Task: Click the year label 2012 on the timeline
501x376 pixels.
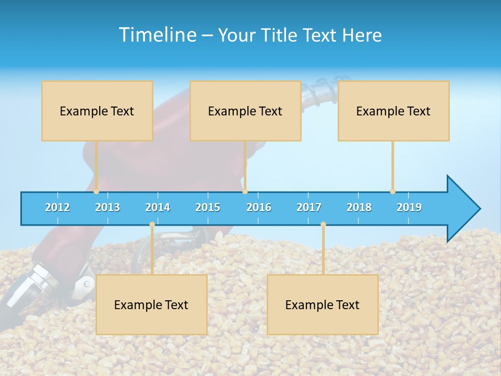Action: tap(57, 207)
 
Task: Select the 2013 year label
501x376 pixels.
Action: tap(108, 207)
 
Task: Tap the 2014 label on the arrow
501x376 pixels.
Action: tap(158, 207)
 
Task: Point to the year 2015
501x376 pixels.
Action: tap(208, 207)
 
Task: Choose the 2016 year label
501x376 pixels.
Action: tap(259, 207)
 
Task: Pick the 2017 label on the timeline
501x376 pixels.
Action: tap(309, 207)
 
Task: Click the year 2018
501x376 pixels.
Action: tap(359, 207)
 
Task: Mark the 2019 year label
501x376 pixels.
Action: tap(409, 207)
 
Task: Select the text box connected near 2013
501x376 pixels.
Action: tap(97, 111)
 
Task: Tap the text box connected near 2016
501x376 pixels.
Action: tap(245, 111)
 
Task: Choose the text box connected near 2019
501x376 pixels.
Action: tap(393, 111)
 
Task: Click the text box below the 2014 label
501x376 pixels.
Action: tap(151, 304)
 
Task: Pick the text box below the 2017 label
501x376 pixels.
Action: tap(323, 304)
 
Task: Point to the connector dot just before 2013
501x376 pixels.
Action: tap(96, 191)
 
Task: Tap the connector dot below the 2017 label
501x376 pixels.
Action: tap(323, 225)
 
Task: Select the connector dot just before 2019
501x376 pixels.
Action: tap(392, 191)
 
